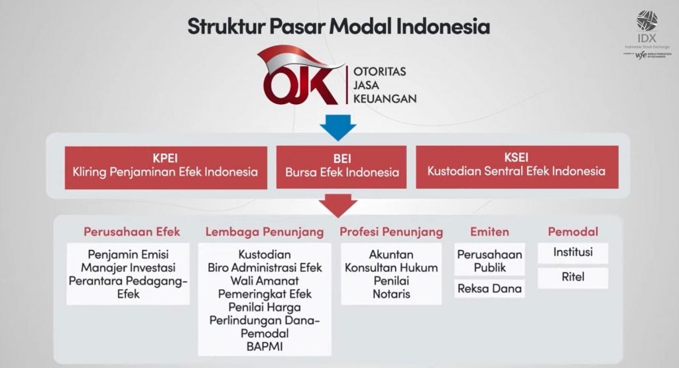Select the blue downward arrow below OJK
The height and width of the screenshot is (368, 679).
point(338,127)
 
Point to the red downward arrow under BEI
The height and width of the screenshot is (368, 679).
point(338,205)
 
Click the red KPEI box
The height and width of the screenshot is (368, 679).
point(166,167)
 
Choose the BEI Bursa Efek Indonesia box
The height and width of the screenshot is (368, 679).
point(341,167)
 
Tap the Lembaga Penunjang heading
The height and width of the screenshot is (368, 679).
point(265,231)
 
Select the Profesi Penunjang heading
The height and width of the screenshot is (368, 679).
point(391,231)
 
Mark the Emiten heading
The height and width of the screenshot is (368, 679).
point(489,231)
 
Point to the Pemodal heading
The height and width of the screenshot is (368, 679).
point(573,231)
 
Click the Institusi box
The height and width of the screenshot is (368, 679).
point(573,252)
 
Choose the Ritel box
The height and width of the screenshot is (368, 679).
point(573,278)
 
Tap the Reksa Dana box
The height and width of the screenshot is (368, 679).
point(489,288)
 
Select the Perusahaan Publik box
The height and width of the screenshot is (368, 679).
point(489,261)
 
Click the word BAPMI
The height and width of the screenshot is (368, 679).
point(264,346)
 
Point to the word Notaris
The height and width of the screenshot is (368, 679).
point(391,294)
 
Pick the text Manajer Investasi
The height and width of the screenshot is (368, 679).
point(128,267)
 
